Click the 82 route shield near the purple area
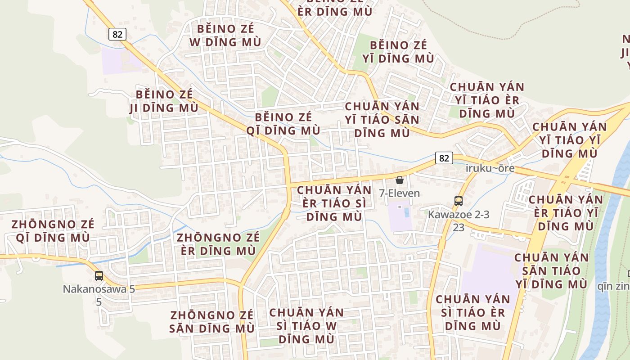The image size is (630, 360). (x=117, y=34)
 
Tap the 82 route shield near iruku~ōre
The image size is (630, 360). (x=444, y=158)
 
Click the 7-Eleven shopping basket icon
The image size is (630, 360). (x=399, y=180)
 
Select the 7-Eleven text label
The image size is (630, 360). (x=399, y=193)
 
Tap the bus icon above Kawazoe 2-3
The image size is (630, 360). (x=458, y=201)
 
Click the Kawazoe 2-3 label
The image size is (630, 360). (x=458, y=215)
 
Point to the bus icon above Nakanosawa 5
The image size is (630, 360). (x=99, y=276)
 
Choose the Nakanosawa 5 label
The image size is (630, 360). (x=99, y=289)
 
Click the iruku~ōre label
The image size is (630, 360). (x=490, y=169)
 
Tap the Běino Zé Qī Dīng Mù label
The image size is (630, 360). (x=283, y=124)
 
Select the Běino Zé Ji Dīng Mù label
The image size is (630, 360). (x=164, y=101)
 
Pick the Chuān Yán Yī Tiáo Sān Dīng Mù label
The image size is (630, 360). (x=382, y=120)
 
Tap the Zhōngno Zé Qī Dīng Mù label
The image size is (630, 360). (x=53, y=231)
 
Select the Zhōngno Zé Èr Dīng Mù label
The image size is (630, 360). (x=218, y=244)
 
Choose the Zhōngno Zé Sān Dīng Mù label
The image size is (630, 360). (x=211, y=321)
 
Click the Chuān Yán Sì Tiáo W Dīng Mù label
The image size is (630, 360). (x=306, y=325)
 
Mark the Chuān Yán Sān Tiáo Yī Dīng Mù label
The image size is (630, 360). (x=551, y=271)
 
